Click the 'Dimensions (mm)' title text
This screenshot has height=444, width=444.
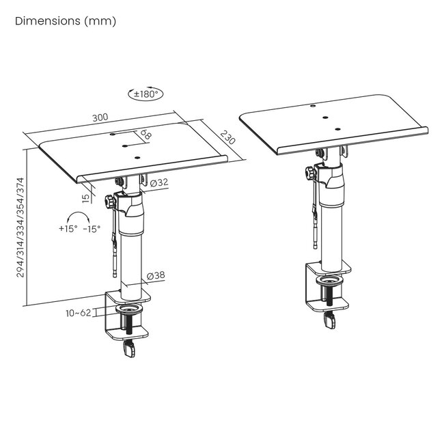click(66, 21)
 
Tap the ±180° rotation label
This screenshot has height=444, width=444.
click(145, 94)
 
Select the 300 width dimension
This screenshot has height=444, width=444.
click(100, 117)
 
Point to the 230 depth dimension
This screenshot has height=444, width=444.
click(227, 137)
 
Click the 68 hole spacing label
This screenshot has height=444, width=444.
click(145, 134)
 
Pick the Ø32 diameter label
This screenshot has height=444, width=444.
click(159, 182)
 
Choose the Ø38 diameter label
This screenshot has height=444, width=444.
click(156, 275)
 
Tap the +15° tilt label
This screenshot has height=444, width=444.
click(68, 229)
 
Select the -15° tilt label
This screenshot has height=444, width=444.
click(92, 229)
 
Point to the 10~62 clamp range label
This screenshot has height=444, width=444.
click(79, 313)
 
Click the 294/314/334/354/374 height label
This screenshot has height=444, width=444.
click(20, 227)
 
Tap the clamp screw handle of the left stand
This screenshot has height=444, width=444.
click(129, 350)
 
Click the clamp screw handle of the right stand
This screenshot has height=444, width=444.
click(330, 321)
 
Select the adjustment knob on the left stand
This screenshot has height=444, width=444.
click(110, 202)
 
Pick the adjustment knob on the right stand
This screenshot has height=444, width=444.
click(311, 173)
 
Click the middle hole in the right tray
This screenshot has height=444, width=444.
click(325, 117)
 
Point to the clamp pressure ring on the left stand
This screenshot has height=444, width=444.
click(129, 309)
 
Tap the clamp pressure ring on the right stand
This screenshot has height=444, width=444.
click(330, 281)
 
